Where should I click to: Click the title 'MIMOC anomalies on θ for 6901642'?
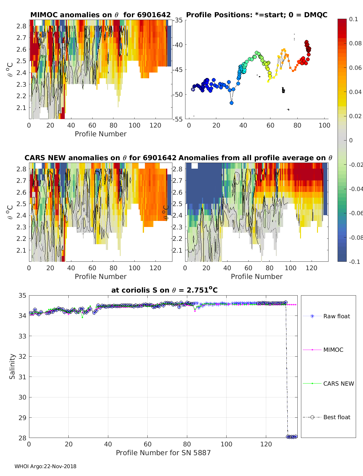pos(100,15)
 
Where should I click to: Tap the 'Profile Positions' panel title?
pos(257,15)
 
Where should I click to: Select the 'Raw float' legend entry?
pos(336,316)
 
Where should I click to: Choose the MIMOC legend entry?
pos(333,350)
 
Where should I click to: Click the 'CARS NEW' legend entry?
pos(338,384)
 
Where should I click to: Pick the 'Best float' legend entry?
pos(336,417)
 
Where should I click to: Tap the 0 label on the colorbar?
pos(351,140)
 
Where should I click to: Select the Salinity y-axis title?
pos(12,366)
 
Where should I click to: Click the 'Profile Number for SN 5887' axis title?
pos(163,453)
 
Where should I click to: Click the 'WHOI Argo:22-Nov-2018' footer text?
pos(45,466)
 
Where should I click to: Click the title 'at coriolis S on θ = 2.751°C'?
pos(164,290)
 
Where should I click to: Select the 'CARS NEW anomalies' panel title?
pos(100,158)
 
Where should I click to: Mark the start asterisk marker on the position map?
pos(193,89)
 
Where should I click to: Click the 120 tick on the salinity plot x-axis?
pos(266,444)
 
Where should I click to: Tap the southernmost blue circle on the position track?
pos(231,103)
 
